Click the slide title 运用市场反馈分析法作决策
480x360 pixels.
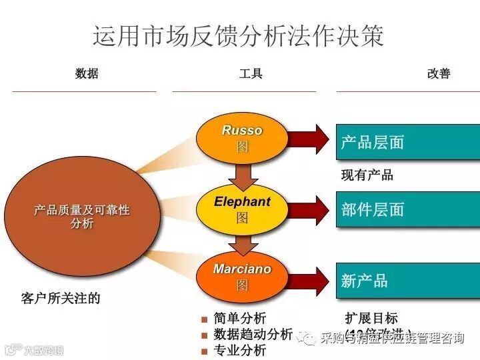238,35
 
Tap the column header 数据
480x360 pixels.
87,73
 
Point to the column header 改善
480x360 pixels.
438,73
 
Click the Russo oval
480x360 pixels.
242,138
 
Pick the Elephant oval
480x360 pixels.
242,209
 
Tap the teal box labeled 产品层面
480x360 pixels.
407,142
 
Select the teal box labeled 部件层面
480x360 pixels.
407,209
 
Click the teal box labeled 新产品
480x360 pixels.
407,281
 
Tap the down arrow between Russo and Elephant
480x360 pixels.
242,175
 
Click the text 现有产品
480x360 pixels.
367,175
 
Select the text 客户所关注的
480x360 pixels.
61,298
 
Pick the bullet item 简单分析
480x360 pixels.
240,318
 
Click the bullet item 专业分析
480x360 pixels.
240,350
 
